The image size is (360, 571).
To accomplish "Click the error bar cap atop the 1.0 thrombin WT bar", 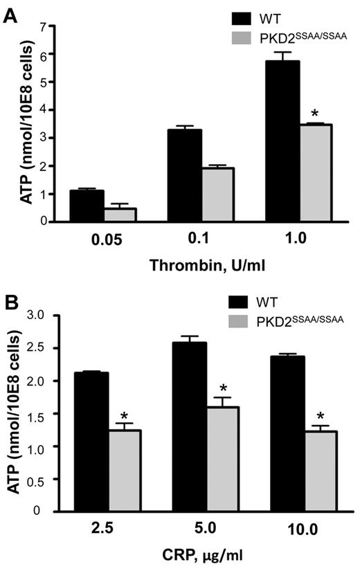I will coord(277,52).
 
